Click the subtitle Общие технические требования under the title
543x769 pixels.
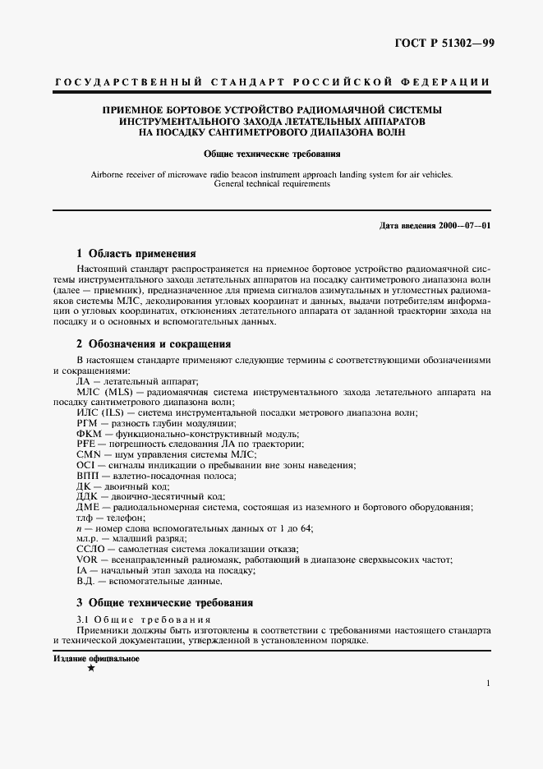coord(272,153)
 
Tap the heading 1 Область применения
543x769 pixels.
coord(136,253)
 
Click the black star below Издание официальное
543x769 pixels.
coord(91,669)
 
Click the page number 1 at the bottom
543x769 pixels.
coord(487,683)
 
